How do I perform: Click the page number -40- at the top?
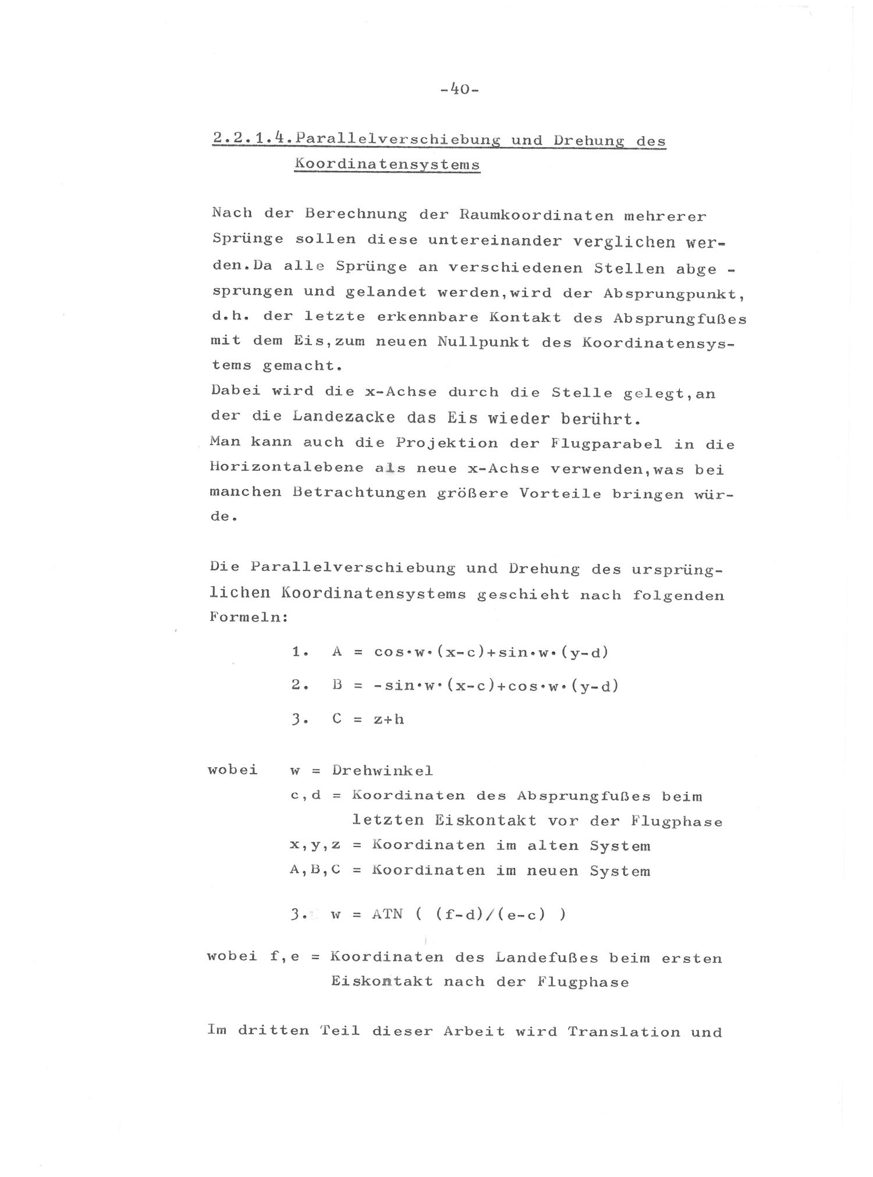tap(459, 90)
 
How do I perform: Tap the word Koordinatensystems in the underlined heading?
tap(387, 164)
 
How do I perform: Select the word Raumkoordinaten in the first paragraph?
tap(536, 215)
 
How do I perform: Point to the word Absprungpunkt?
tap(673, 293)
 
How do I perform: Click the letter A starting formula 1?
tap(336, 652)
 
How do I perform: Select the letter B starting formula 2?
tap(336, 686)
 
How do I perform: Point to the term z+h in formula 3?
tap(388, 719)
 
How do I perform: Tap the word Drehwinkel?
tap(382, 771)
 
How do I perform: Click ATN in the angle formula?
tap(387, 914)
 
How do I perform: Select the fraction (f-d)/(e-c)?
tap(491, 914)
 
